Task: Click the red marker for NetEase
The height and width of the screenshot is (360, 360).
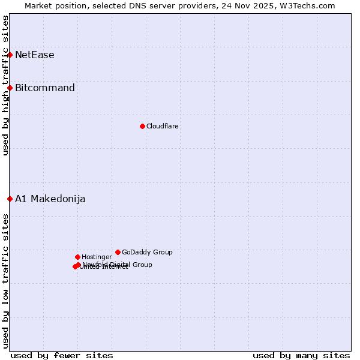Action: click(10, 55)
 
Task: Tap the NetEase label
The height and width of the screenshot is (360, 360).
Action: click(34, 55)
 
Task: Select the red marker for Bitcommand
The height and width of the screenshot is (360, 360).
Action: click(10, 88)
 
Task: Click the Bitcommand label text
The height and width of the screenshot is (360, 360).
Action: click(44, 88)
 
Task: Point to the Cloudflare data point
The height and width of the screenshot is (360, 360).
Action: click(142, 126)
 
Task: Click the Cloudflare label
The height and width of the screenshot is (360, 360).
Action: click(162, 126)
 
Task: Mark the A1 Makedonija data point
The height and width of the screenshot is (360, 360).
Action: click(10, 199)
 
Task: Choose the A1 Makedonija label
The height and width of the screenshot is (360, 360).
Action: click(50, 199)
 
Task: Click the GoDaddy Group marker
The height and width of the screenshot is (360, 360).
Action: click(118, 252)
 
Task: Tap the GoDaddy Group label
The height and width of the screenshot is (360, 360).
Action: click(147, 252)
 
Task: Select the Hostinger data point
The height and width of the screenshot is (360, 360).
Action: click(77, 257)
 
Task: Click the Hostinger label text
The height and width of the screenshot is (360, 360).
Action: click(97, 257)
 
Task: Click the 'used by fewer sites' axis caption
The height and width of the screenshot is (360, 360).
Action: click(62, 355)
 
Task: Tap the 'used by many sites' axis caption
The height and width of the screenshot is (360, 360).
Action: click(301, 355)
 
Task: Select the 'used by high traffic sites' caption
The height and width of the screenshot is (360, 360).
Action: click(5, 85)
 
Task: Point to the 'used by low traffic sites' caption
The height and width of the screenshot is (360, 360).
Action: click(5, 280)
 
